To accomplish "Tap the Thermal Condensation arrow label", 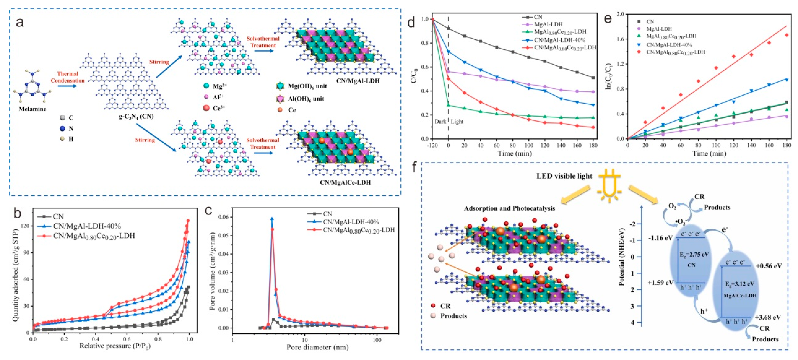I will pyautogui.click(x=68, y=77).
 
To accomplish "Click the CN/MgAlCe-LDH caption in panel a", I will pyautogui.click(x=345, y=182).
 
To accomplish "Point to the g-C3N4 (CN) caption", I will pyautogui.click(x=136, y=117).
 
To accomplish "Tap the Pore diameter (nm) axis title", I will pyautogui.click(x=318, y=347).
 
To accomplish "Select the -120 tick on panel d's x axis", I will pyautogui.click(x=433, y=145).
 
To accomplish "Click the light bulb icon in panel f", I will pyautogui.click(x=609, y=186).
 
